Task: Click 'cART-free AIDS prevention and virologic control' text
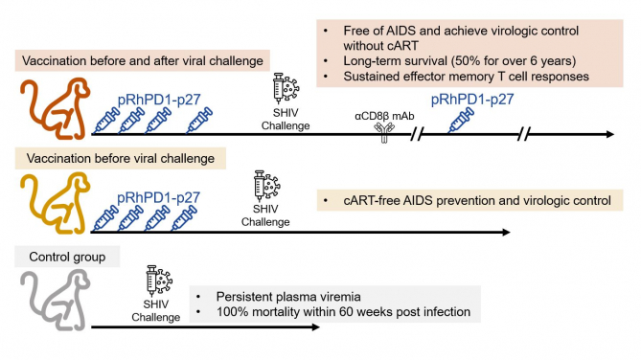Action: tap(467, 201)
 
